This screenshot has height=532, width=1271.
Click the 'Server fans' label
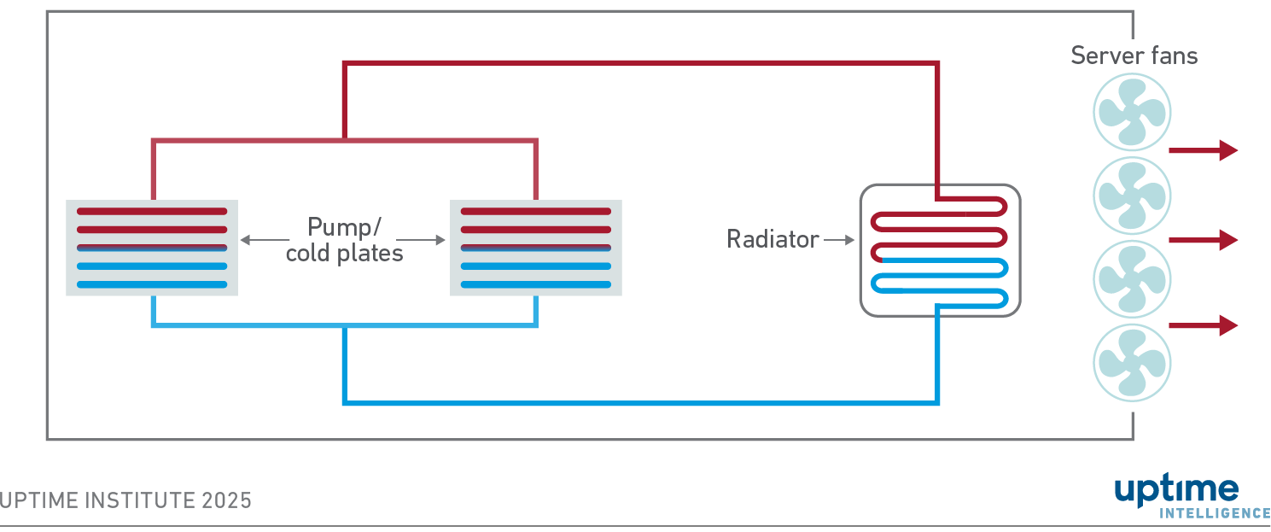1134,56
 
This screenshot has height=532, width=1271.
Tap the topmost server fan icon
1132,112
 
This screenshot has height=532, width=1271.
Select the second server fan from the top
1132,196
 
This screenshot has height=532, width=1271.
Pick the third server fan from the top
1132,279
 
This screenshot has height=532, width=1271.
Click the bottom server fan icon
1132,362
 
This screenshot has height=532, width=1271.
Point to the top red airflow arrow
1202,150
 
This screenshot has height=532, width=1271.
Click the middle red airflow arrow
1202,241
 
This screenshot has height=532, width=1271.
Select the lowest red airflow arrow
1202,324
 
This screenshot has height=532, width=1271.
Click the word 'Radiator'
773,240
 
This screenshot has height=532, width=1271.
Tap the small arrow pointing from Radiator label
840,241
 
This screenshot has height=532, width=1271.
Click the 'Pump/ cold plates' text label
344,240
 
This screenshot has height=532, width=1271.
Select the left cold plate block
152,248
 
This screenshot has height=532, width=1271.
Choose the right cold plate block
536,248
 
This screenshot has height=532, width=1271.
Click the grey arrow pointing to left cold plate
265,241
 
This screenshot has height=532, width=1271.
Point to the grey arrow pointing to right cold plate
423,241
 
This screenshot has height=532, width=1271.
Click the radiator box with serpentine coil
940,250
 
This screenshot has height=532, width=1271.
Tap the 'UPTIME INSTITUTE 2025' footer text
126,500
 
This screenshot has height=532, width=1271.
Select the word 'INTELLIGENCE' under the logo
1215,513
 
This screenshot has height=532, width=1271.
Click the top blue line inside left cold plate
152,249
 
